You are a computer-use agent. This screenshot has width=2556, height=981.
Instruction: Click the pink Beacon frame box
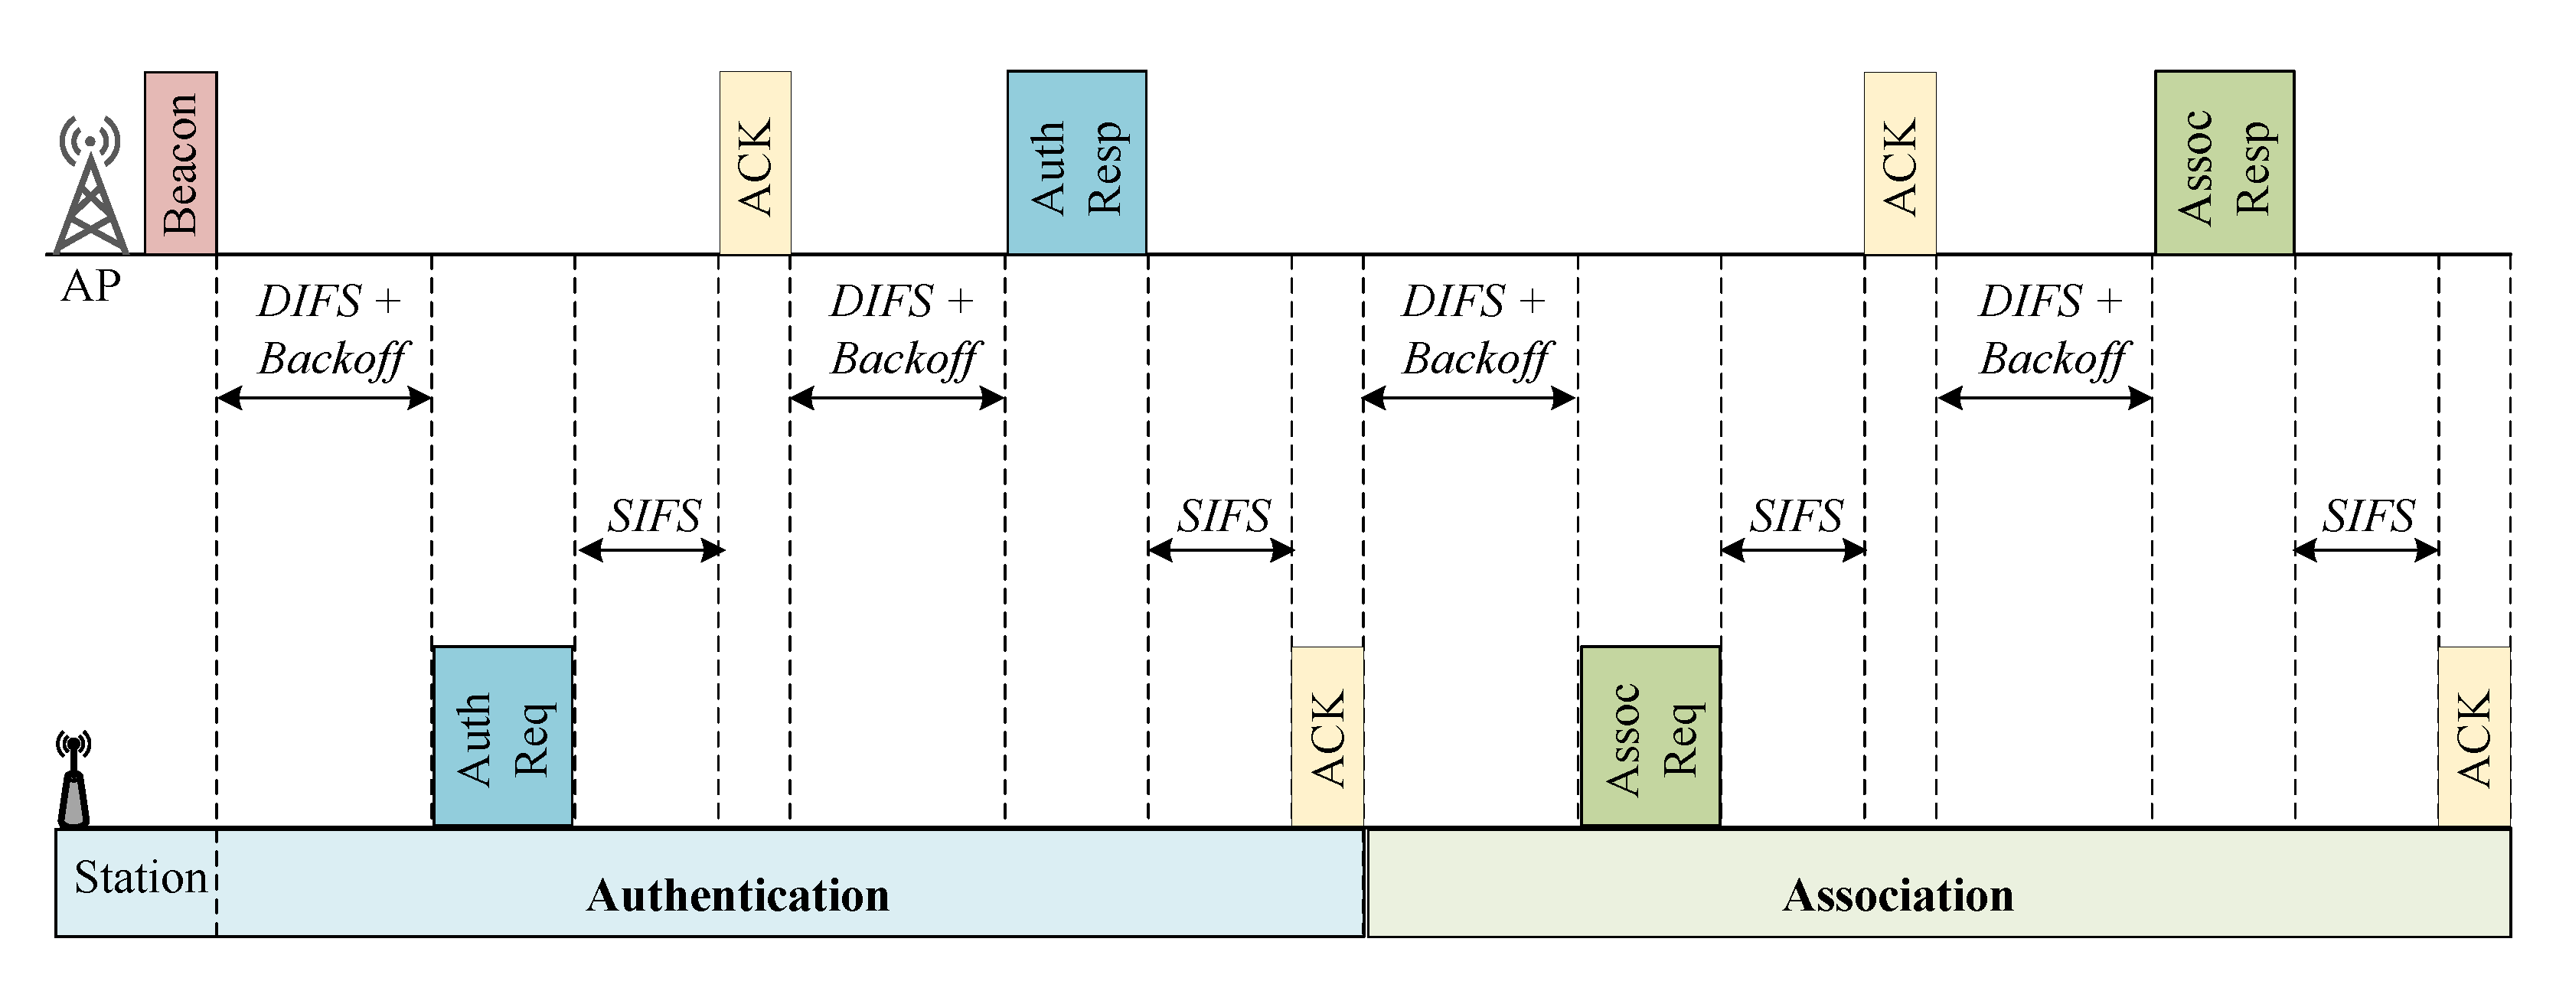181,163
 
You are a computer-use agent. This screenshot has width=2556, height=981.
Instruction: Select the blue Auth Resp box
1076,163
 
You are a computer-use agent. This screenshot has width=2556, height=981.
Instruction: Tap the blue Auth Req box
503,735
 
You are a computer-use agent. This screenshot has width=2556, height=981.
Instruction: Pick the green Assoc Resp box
2224,163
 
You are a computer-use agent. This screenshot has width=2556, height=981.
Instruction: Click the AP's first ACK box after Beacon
755,163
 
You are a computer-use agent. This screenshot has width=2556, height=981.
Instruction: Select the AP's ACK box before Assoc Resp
1899,163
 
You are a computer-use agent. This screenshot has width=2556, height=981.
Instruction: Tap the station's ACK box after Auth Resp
1327,735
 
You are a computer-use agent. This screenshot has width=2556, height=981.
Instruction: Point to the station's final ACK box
2473,735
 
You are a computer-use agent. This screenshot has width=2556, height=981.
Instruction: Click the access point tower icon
90,188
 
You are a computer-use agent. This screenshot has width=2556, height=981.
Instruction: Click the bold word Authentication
738,895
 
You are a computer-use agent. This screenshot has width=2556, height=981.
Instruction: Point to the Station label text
140,878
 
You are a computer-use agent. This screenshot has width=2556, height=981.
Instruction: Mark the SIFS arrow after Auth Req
650,549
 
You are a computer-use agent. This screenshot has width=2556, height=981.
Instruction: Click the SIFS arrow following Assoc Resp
2366,549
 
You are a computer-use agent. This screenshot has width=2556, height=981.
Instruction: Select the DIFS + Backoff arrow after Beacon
325,399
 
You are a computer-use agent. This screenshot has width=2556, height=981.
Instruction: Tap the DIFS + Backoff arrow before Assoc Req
1470,399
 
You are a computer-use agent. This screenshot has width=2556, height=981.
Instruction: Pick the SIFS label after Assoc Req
1795,516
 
